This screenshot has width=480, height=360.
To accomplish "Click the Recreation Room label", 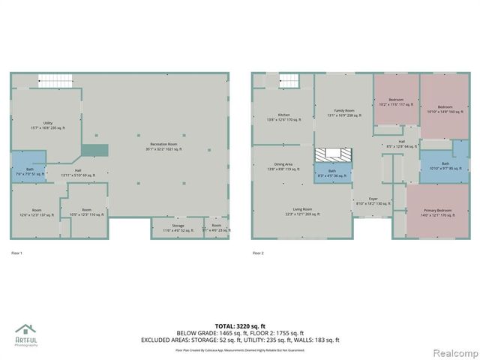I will [163, 147].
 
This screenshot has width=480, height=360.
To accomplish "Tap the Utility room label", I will [47, 126].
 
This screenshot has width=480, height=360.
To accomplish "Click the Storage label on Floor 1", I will [178, 227].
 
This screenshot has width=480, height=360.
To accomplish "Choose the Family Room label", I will [344, 113].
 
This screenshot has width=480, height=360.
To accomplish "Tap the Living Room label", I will [302, 212].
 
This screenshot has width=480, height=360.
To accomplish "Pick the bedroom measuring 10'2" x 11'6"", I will [396, 102].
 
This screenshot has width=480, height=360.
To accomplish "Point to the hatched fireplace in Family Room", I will [332, 154].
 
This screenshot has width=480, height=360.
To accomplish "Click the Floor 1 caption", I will [16, 253].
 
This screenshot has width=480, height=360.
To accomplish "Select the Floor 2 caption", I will [258, 253].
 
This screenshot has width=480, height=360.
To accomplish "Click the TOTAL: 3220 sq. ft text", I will [239, 325].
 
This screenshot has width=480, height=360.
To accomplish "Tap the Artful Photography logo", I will [26, 335].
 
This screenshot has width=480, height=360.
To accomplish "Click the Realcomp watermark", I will [452, 352].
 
